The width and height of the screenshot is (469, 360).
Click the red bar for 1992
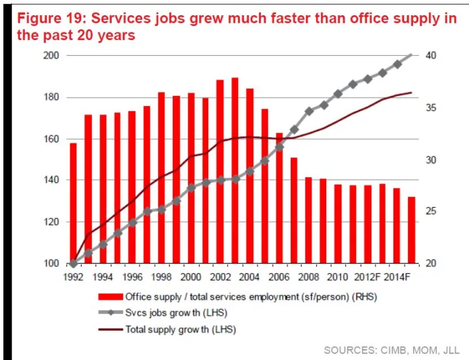(x=73, y=203)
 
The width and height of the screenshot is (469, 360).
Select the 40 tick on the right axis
(x=431, y=56)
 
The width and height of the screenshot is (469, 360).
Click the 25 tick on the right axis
(x=431, y=211)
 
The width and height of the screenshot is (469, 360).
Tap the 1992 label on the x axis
(x=73, y=277)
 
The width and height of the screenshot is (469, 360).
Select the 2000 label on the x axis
(x=190, y=277)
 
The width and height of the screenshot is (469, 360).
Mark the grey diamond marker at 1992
(x=73, y=263)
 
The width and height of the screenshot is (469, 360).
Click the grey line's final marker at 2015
(x=411, y=56)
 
